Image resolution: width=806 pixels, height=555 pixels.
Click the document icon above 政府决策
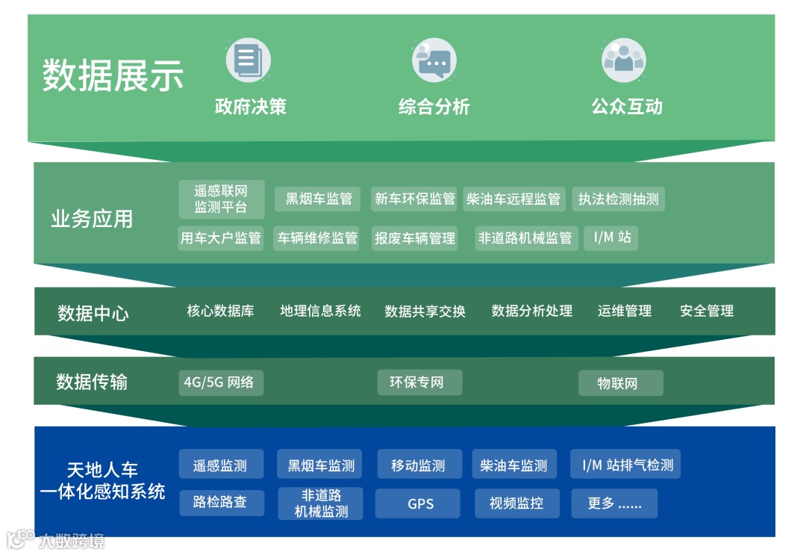tap(248, 61)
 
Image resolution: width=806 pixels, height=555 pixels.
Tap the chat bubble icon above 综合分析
tap(434, 61)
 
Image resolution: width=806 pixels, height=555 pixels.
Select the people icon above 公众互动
tap(623, 61)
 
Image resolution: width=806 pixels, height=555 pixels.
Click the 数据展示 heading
tap(113, 76)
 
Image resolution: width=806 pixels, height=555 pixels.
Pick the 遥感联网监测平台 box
tap(222, 199)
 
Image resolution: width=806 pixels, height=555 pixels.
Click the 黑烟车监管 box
tap(318, 199)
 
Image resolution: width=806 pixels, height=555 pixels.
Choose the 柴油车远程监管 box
tap(513, 199)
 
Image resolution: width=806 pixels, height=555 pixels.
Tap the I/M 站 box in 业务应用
tap(611, 238)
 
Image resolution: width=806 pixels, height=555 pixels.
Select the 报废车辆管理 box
tap(415, 238)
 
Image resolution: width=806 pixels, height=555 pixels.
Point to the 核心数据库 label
tap(220, 311)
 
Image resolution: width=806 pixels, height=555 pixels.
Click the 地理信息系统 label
tap(320, 311)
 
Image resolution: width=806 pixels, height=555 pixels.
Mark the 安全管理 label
tap(706, 311)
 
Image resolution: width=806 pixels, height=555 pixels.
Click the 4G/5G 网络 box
tap(221, 382)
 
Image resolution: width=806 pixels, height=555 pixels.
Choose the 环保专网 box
tap(419, 382)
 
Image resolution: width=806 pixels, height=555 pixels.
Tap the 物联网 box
tap(620, 383)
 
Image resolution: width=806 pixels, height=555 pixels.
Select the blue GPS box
tap(421, 503)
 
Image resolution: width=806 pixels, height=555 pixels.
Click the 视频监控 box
tap(516, 503)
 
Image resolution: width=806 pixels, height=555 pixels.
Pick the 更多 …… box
tap(614, 503)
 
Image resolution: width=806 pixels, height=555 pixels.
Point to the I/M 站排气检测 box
tap(625, 465)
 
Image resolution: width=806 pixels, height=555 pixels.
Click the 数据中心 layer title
tap(93, 313)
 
